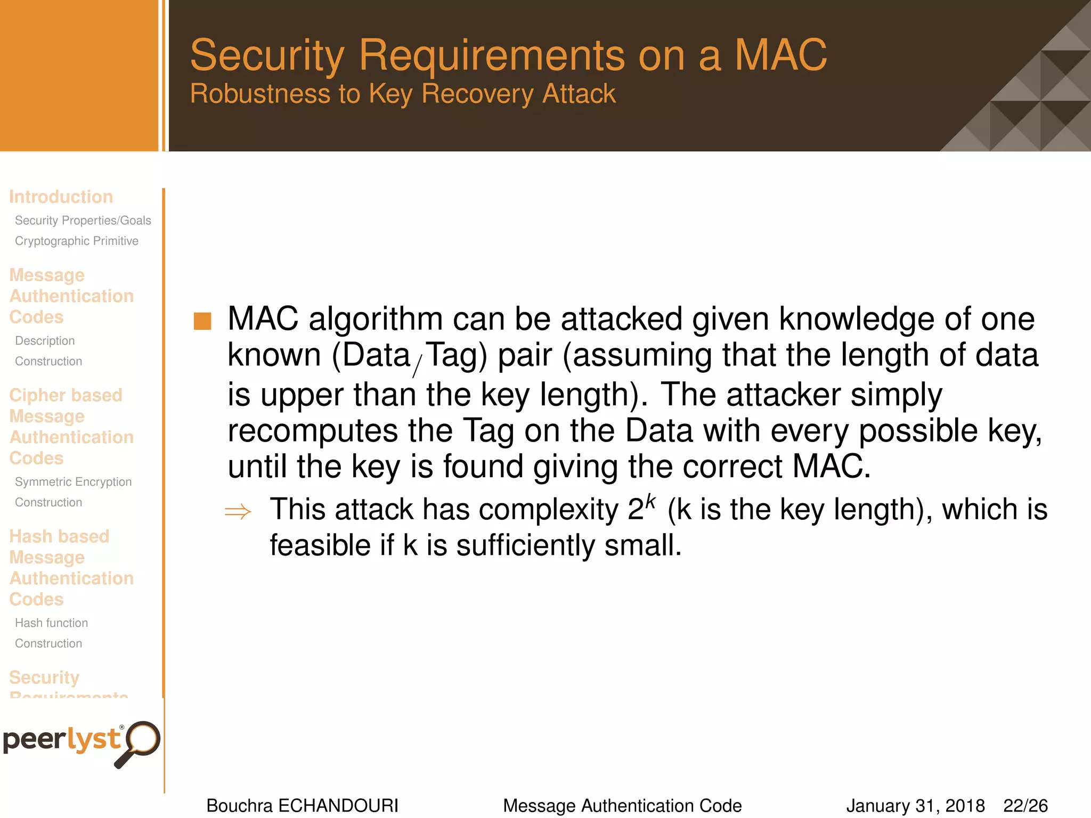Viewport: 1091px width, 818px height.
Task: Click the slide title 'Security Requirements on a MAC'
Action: click(x=508, y=55)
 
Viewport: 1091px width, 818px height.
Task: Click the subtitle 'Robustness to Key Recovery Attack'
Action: click(x=403, y=94)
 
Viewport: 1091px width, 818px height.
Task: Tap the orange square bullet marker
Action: click(x=202, y=321)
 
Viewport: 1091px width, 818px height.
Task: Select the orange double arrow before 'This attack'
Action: click(x=238, y=512)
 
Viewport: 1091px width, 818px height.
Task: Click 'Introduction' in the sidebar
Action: click(x=61, y=197)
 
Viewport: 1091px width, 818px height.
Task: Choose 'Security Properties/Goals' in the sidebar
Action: click(x=83, y=220)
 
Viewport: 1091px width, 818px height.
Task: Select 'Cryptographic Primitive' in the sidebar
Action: click(x=76, y=241)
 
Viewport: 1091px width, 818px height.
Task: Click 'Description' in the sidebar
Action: click(x=45, y=341)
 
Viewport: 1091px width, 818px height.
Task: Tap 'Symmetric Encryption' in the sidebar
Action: click(x=73, y=482)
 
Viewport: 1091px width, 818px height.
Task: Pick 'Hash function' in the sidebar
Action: click(x=51, y=623)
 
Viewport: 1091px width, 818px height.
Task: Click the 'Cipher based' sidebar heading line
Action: click(x=66, y=395)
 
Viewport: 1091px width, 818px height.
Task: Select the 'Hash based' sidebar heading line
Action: click(x=59, y=536)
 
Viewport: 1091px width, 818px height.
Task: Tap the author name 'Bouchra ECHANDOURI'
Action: click(x=302, y=806)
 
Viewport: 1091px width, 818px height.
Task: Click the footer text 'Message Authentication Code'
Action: click(x=622, y=806)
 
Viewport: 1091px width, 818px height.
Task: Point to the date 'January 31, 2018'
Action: click(x=915, y=806)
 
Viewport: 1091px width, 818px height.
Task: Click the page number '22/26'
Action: click(x=1025, y=806)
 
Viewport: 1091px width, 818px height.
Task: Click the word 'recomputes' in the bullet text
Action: click(x=313, y=431)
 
